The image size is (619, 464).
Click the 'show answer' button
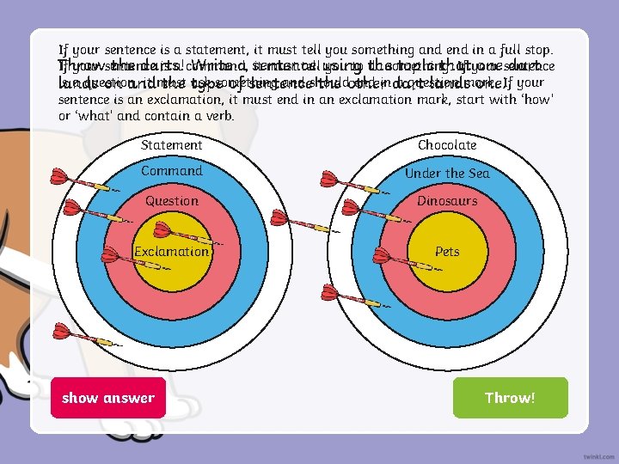(x=107, y=398)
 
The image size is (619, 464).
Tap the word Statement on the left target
(x=172, y=145)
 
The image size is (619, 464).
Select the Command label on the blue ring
(x=172, y=171)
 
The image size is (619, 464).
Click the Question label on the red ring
(x=172, y=201)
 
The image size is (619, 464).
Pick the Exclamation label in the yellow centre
(x=171, y=252)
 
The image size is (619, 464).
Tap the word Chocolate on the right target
(x=447, y=145)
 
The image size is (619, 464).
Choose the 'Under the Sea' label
(x=447, y=174)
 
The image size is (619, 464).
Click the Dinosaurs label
(x=447, y=201)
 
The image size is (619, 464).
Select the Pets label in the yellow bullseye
(x=447, y=252)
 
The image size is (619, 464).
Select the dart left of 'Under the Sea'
(x=348, y=182)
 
